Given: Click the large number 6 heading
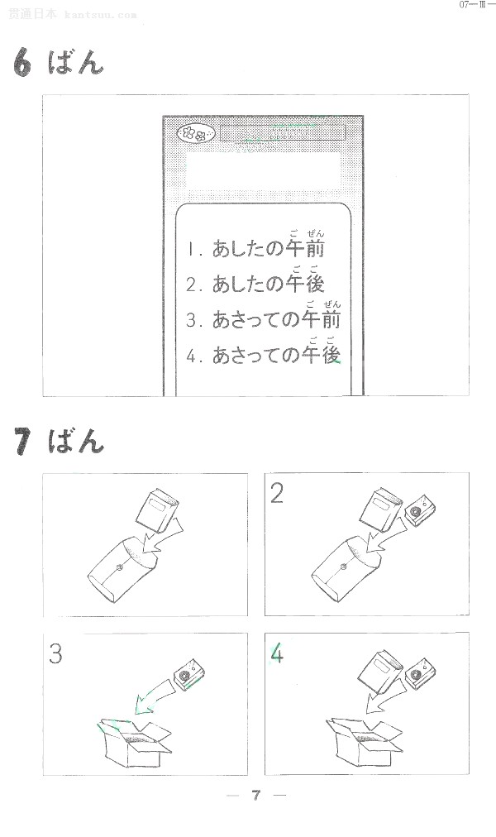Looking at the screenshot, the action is (x=22, y=62).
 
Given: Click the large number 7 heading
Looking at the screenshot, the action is (x=22, y=441).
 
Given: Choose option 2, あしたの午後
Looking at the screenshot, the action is (x=255, y=280).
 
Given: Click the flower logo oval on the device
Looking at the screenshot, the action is (x=196, y=133).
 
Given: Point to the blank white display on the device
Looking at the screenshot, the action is (x=263, y=170).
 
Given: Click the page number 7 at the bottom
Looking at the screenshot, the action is (x=256, y=796).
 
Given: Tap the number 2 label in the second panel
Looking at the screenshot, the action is (x=276, y=493).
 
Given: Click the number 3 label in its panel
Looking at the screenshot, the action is (x=55, y=653).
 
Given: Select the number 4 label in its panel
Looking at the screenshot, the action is (x=277, y=653).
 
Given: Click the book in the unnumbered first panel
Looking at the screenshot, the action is (x=157, y=510).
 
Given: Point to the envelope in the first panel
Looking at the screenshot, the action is (x=122, y=569).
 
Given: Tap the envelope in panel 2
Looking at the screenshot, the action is (x=346, y=569).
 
